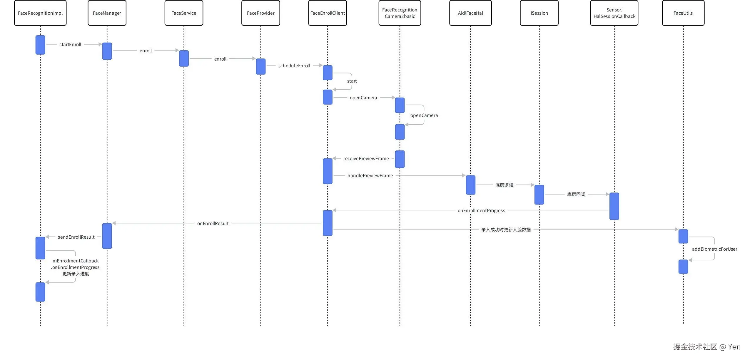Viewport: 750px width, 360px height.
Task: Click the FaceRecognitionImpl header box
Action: pyautogui.click(x=40, y=13)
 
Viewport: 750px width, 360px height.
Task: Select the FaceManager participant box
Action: pyautogui.click(x=107, y=13)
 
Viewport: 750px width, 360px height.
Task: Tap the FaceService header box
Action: pyautogui.click(x=184, y=13)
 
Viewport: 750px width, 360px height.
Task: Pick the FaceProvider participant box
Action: pyautogui.click(x=260, y=13)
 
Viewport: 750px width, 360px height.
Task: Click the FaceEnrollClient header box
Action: pyautogui.click(x=328, y=13)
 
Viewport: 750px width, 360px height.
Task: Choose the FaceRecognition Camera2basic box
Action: pyautogui.click(x=400, y=13)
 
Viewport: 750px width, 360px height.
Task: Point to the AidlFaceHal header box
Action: pyautogui.click(x=470, y=13)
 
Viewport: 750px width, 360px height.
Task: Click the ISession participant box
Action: pyautogui.click(x=539, y=13)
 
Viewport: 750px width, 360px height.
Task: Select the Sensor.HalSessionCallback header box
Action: pyautogui.click(x=614, y=13)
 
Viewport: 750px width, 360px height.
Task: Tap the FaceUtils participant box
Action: pyautogui.click(x=683, y=13)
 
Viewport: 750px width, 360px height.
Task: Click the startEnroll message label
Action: pyautogui.click(x=70, y=44)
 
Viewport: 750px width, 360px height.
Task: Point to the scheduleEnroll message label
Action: pyautogui.click(x=294, y=66)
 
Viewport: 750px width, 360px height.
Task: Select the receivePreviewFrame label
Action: pyautogui.click(x=366, y=158)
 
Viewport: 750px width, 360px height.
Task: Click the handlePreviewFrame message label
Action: pyautogui.click(x=370, y=175)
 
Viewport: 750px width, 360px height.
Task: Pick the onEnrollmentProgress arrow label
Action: pyautogui.click(x=481, y=210)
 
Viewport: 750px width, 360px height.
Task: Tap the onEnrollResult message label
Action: pyautogui.click(x=213, y=223)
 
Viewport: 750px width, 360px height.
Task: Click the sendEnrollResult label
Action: pyautogui.click(x=76, y=237)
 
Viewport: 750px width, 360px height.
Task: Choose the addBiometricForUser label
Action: pyautogui.click(x=714, y=249)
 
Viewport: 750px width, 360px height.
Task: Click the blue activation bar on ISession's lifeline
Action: pyautogui.click(x=539, y=195)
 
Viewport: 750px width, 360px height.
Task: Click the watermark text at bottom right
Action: pyautogui.click(x=707, y=347)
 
